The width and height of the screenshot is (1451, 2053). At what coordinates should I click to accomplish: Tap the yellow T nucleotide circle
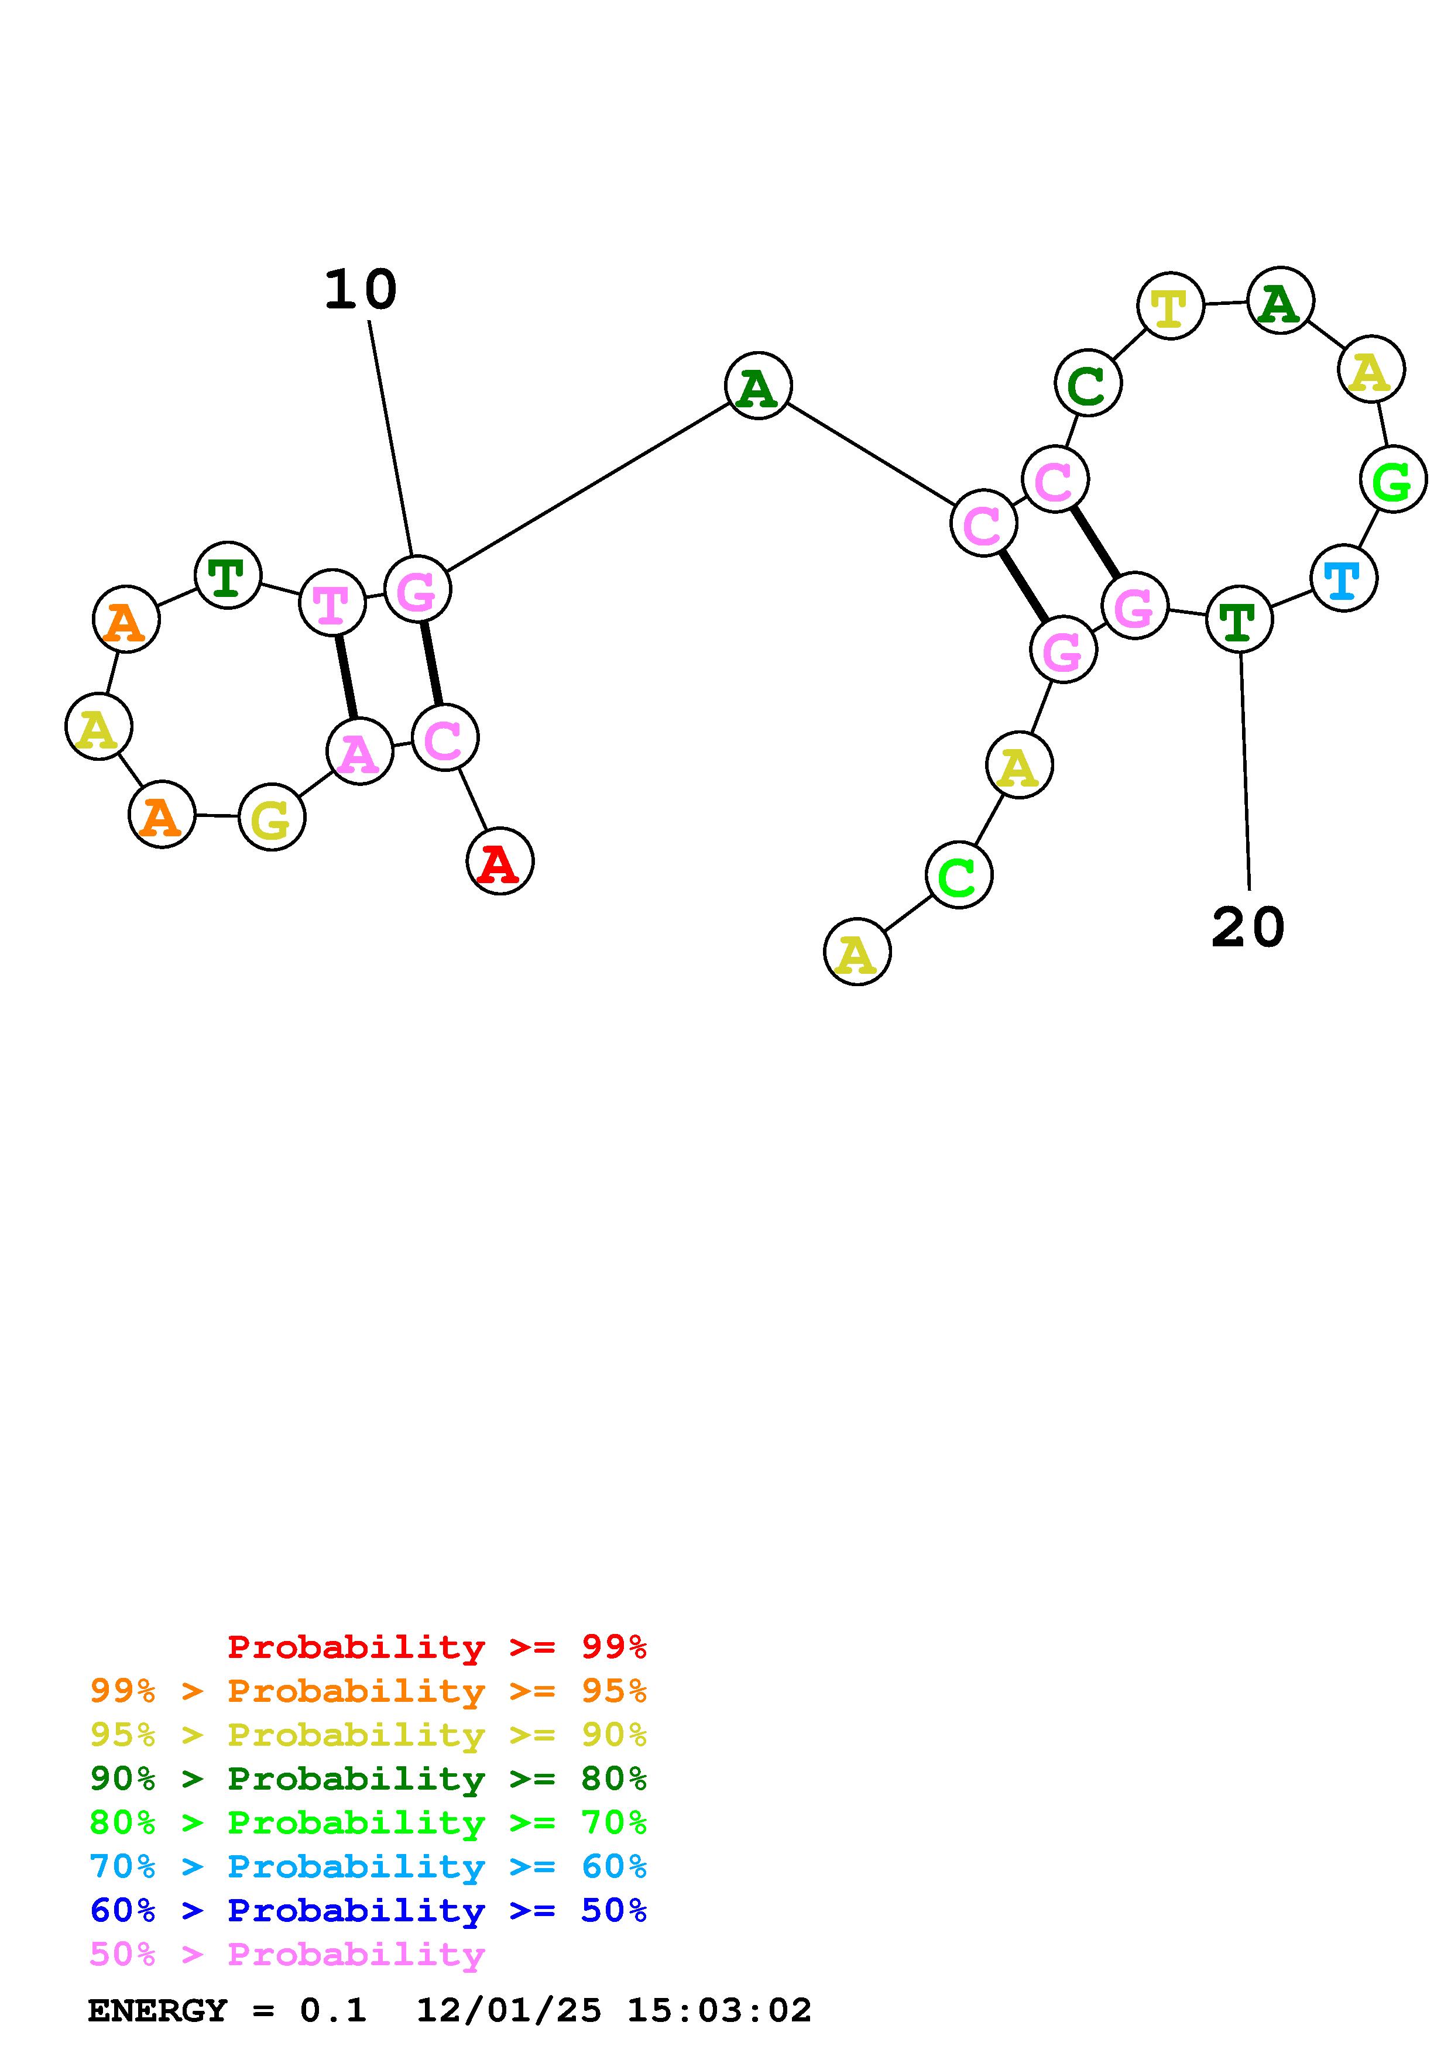(x=1169, y=306)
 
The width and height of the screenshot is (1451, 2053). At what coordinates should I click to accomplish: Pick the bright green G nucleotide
(x=1392, y=480)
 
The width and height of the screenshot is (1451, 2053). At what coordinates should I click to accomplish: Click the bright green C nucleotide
(x=958, y=876)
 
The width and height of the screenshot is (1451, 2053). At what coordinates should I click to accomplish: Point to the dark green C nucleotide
(x=1087, y=383)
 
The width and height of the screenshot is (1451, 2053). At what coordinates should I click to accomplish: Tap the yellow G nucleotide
(x=272, y=817)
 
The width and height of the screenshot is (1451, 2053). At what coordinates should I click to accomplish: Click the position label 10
(x=361, y=291)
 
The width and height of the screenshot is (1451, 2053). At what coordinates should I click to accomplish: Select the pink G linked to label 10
(x=417, y=589)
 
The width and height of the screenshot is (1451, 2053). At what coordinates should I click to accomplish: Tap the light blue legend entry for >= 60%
(x=368, y=1866)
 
